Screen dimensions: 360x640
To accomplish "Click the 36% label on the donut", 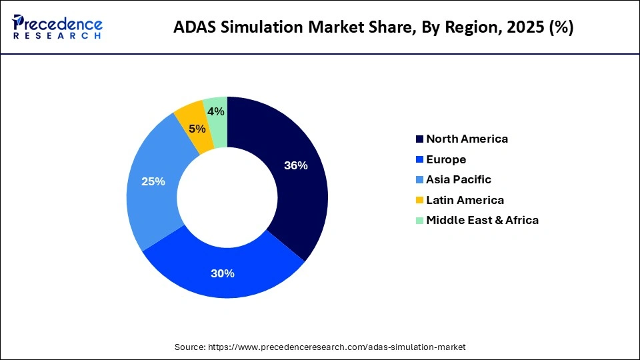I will tap(295, 166).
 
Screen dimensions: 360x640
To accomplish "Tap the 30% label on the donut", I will tap(223, 273).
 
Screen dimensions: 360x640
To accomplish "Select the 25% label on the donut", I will tap(153, 181).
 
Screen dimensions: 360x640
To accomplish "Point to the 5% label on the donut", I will tap(197, 129).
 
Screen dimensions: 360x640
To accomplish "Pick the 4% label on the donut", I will tap(215, 112).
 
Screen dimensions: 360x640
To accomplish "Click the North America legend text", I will tap(467, 139).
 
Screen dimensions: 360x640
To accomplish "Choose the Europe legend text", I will tap(446, 159).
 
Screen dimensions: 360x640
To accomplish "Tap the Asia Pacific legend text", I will tap(458, 179).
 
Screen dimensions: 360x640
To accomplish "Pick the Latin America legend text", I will tap(465, 200).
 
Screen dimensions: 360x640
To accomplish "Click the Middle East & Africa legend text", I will tap(482, 220).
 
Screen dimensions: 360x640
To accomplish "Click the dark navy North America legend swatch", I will tap(419, 139).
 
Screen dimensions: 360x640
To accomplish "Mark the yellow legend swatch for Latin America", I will tap(419, 200).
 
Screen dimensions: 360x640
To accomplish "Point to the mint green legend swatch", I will tap(419, 221).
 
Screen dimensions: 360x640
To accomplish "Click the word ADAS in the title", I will tap(193, 27).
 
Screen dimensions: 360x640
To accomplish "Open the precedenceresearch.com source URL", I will tap(337, 347).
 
